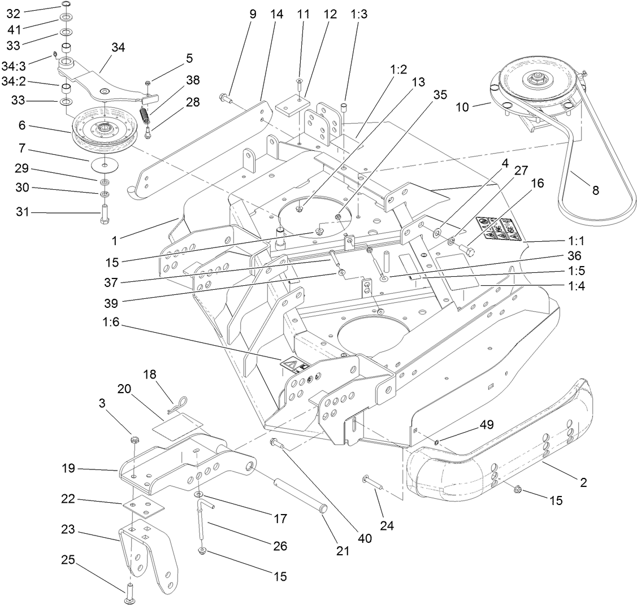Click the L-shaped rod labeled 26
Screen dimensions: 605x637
[202, 523]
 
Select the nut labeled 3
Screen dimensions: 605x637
[135, 440]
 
